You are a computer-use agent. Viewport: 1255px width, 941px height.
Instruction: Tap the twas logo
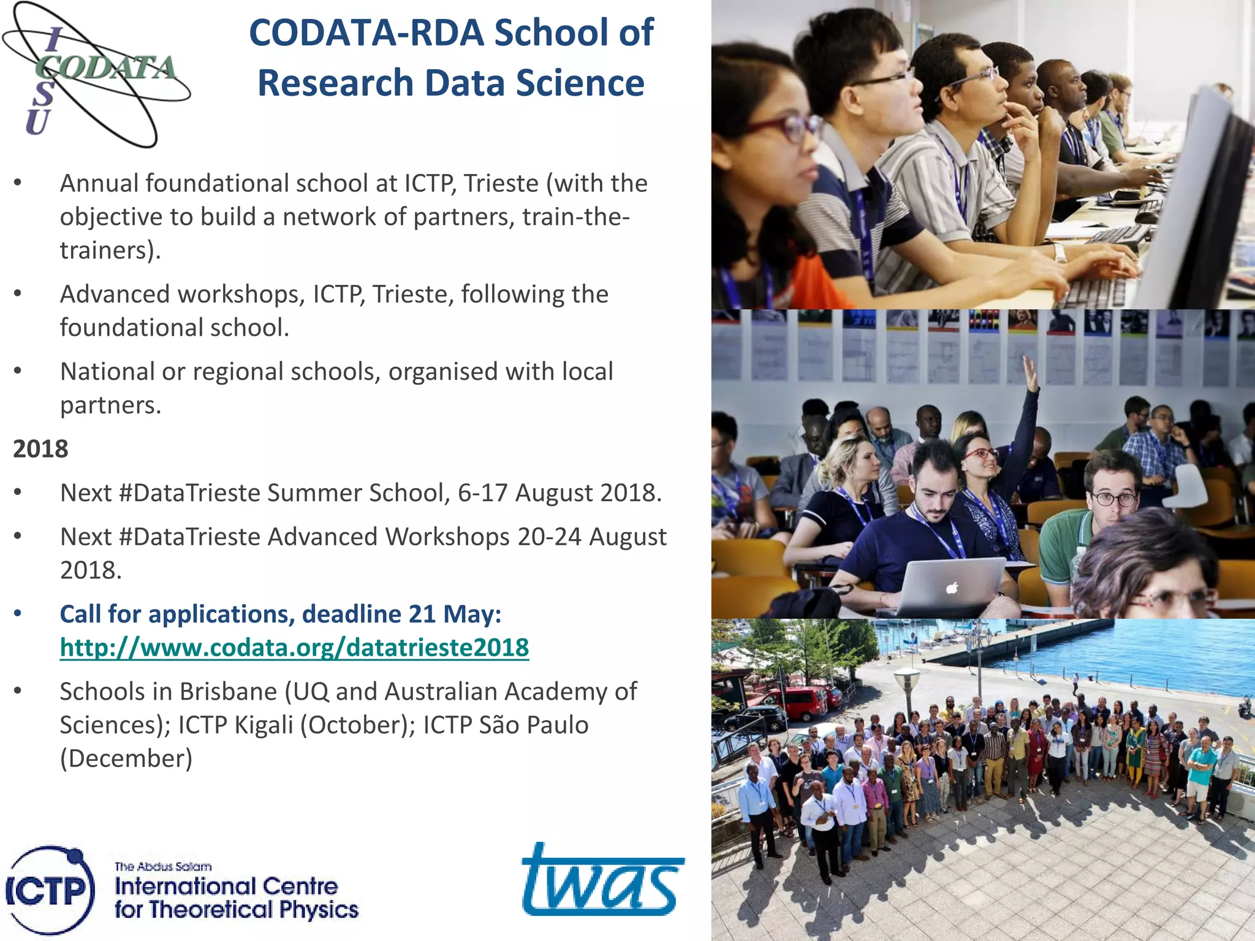pyautogui.click(x=602, y=880)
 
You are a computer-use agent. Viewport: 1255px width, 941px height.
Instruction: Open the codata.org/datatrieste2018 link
pyautogui.click(x=294, y=648)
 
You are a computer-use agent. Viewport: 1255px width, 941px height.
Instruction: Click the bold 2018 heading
pyautogui.click(x=40, y=449)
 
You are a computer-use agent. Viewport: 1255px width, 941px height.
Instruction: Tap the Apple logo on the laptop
pyautogui.click(x=950, y=589)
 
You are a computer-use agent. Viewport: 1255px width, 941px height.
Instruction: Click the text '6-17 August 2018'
pyautogui.click(x=559, y=493)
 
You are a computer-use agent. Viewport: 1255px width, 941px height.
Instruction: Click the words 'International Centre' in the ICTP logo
pyautogui.click(x=226, y=886)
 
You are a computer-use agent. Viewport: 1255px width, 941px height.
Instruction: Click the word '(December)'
pyautogui.click(x=126, y=759)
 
